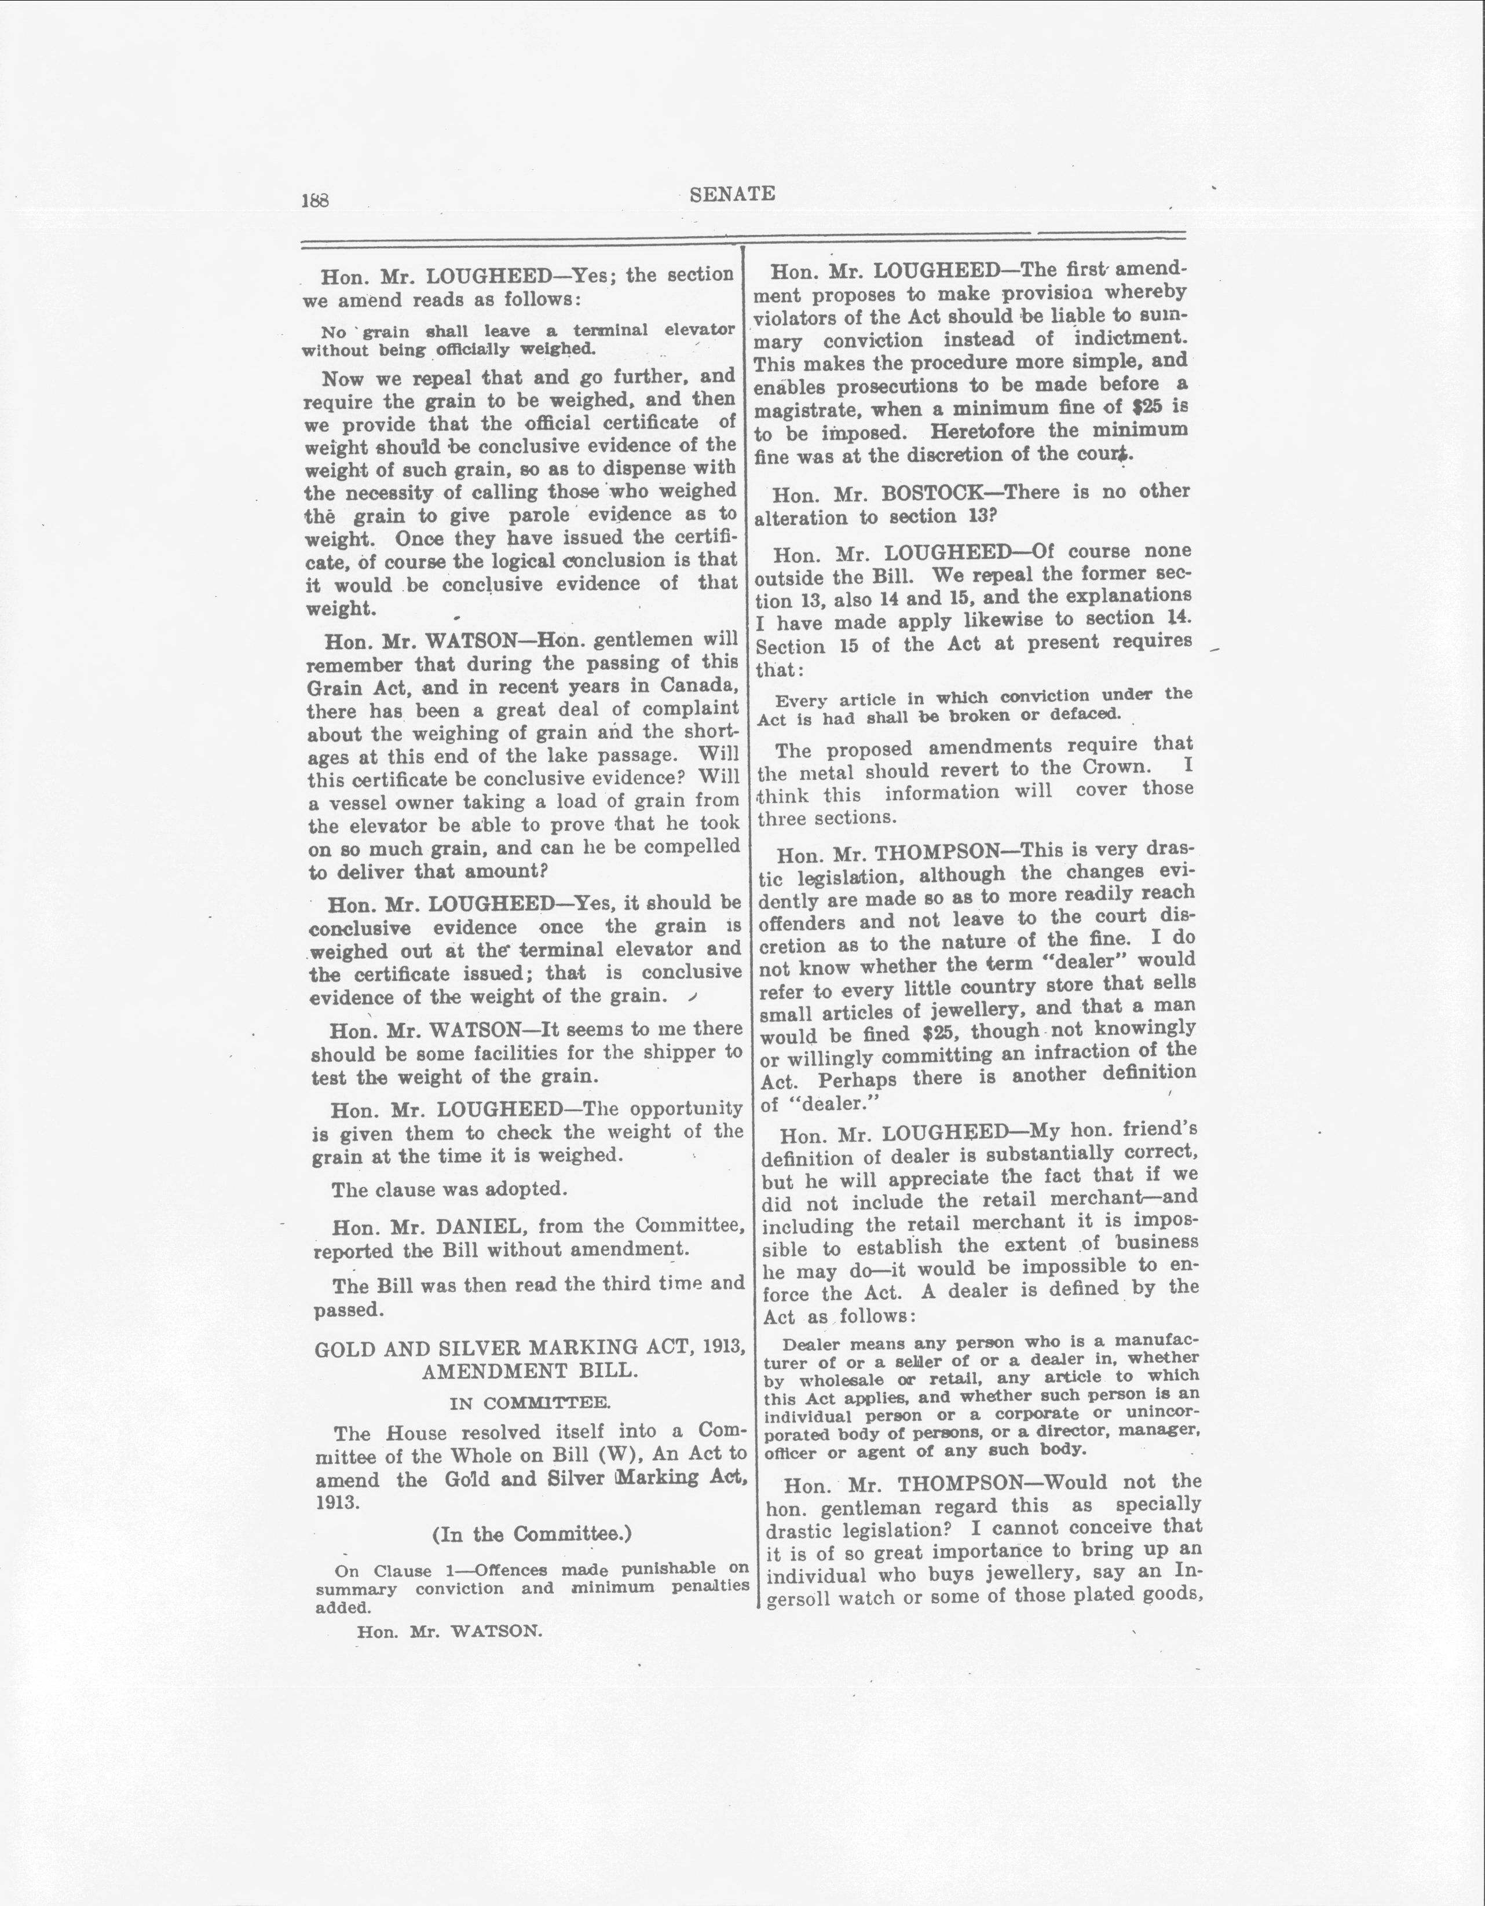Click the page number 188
pos(315,200)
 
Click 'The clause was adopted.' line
pos(449,1189)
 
